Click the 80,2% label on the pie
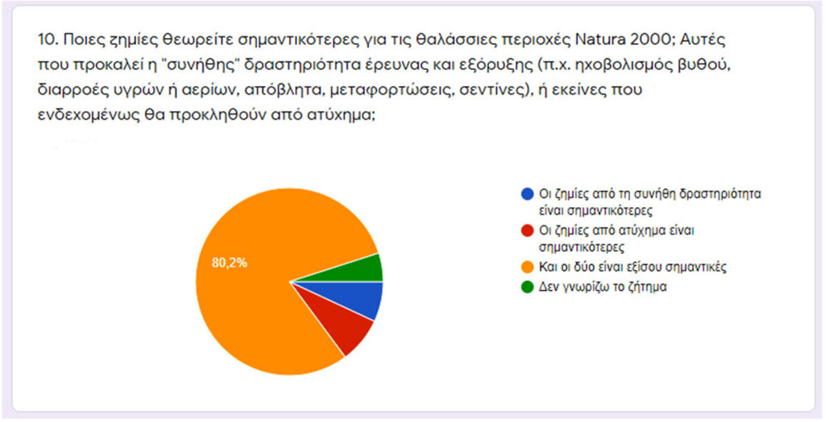click(x=229, y=262)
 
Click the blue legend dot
click(x=527, y=194)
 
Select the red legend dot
click(x=527, y=231)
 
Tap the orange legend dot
click(x=527, y=267)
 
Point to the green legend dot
click(x=527, y=287)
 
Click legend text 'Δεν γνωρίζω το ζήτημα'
click(x=602, y=287)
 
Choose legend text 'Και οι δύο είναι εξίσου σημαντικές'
click(x=633, y=267)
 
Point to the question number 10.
click(x=48, y=39)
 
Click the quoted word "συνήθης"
click(x=200, y=65)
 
